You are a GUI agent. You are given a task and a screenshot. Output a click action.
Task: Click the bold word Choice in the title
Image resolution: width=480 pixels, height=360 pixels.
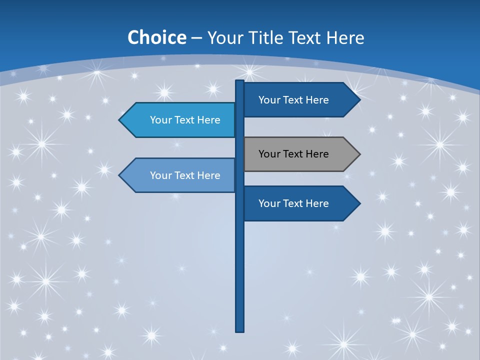coord(156,38)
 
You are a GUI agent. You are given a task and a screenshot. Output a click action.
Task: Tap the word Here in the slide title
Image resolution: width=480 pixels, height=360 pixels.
coord(345,38)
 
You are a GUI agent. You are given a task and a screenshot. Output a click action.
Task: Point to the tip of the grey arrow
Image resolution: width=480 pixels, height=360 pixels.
coord(359,154)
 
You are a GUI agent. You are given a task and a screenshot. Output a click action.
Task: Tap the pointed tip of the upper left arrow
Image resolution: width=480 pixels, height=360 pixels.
coord(120,120)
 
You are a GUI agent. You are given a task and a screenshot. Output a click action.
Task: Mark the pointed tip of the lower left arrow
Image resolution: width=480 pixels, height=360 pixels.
coord(120,175)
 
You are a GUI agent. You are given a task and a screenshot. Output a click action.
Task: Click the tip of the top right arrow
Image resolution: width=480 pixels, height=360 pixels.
coord(359,100)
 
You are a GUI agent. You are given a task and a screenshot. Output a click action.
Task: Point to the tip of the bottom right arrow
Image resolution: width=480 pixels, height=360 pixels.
coord(359,203)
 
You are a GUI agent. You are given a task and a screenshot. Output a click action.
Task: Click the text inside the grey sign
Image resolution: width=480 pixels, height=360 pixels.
coord(293,154)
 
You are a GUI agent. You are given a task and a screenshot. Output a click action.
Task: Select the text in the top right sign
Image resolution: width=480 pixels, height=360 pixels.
coord(293,100)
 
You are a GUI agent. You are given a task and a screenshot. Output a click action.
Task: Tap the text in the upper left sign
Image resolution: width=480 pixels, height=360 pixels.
coord(185,120)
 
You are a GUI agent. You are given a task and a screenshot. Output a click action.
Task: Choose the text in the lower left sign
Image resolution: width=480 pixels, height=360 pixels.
coord(185,175)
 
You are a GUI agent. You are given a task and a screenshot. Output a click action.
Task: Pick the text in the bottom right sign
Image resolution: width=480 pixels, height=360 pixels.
coord(293,203)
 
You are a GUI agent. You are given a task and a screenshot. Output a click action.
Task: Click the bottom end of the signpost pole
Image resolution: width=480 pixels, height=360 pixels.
coord(239,330)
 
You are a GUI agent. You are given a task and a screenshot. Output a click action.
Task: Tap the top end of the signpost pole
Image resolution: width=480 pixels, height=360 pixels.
coord(239,82)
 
